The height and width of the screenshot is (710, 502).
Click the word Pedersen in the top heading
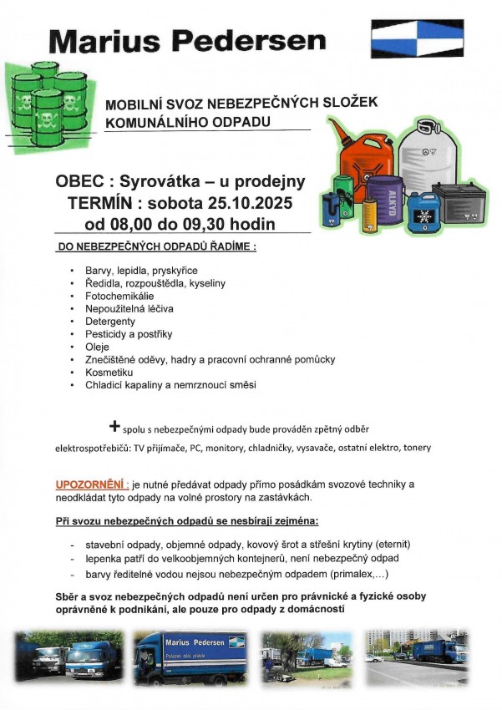coord(266,40)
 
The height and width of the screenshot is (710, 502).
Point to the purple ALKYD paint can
coord(384,201)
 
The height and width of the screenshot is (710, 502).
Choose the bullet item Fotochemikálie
coord(119,296)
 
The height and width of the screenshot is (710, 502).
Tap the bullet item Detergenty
coord(109,321)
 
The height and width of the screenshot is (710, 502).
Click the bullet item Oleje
coord(97,347)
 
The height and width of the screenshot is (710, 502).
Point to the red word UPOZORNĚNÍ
coord(92,484)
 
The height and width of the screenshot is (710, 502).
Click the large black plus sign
coord(114,426)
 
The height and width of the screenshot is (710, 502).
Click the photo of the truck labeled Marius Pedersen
coord(191,657)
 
